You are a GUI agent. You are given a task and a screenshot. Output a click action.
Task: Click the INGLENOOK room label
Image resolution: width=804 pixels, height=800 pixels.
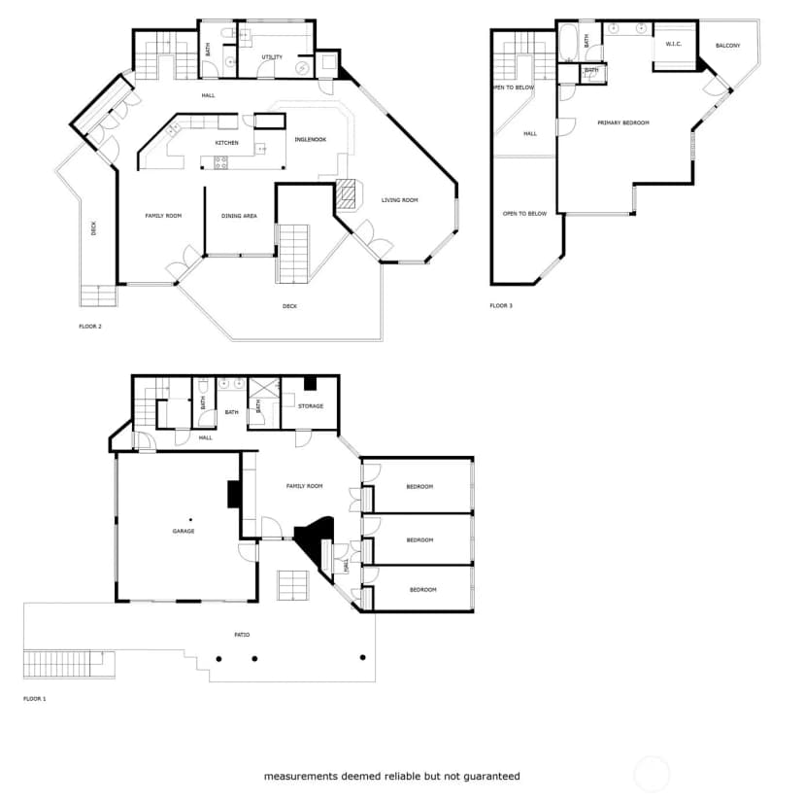pyautogui.click(x=310, y=140)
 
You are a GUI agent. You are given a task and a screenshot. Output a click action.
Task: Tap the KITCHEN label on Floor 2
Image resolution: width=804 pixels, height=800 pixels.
pyautogui.click(x=226, y=143)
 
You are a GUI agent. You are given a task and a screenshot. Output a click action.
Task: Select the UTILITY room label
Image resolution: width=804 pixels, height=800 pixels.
pyautogui.click(x=272, y=57)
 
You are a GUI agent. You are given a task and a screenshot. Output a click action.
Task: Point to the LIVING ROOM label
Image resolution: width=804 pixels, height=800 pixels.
pyautogui.click(x=399, y=200)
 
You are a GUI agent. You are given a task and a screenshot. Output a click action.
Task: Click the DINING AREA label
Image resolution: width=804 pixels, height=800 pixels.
pyautogui.click(x=239, y=216)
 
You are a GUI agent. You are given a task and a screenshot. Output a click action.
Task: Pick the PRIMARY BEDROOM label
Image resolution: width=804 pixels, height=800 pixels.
pyautogui.click(x=623, y=122)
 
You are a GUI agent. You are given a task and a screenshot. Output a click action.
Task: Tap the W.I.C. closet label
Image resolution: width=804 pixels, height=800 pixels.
pyautogui.click(x=673, y=44)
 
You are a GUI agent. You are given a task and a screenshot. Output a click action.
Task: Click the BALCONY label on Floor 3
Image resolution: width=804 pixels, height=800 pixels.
pyautogui.click(x=727, y=46)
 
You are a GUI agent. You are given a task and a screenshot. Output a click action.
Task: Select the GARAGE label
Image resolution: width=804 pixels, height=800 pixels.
pyautogui.click(x=184, y=531)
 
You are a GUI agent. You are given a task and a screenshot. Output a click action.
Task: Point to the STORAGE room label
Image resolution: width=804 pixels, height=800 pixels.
pyautogui.click(x=311, y=406)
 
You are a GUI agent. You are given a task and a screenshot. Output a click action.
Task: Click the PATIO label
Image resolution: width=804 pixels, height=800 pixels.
pyautogui.click(x=242, y=635)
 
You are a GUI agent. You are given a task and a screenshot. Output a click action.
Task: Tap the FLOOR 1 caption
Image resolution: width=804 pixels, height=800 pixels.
pyautogui.click(x=35, y=698)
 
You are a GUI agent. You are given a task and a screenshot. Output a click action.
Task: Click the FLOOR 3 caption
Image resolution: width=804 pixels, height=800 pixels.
pyautogui.click(x=501, y=306)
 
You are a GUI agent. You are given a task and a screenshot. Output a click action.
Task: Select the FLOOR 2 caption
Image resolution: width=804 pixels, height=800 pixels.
pyautogui.click(x=90, y=327)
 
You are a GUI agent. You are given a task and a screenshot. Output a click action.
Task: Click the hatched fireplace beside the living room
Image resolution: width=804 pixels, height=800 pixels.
pyautogui.click(x=349, y=194)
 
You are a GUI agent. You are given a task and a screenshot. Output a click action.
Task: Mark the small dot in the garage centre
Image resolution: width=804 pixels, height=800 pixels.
pyautogui.click(x=190, y=520)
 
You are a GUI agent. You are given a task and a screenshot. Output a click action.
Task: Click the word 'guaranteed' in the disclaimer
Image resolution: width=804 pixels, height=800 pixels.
pyautogui.click(x=491, y=777)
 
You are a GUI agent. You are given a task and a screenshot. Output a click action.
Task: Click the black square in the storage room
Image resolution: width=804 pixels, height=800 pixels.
pyautogui.click(x=311, y=383)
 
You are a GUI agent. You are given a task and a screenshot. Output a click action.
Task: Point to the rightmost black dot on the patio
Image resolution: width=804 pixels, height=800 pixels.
pyautogui.click(x=362, y=657)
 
